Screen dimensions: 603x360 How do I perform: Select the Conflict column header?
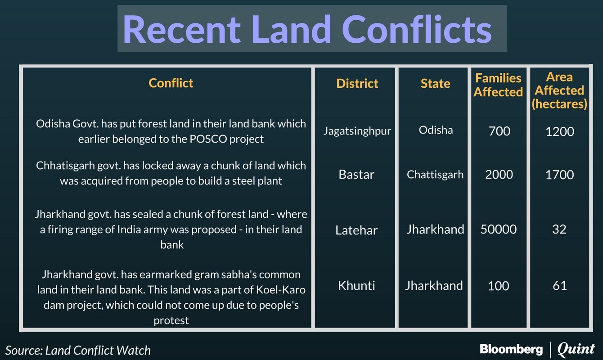point(171,83)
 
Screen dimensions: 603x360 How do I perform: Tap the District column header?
point(357,83)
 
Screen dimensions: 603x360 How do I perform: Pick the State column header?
point(435,83)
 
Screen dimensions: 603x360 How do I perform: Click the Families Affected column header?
point(498,85)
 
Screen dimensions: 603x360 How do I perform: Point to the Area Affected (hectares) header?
point(559,90)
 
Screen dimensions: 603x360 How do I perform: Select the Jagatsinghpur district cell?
point(357,131)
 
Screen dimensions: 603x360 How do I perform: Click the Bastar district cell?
point(356,175)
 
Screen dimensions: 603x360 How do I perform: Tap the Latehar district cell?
point(356,230)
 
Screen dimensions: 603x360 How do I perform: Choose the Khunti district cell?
point(356,285)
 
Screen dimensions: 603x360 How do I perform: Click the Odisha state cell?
point(436,130)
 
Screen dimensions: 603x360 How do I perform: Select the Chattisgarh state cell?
point(435,175)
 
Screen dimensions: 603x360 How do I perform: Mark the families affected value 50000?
point(499,229)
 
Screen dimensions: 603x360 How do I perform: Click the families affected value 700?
point(499,131)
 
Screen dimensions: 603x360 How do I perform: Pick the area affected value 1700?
point(560,175)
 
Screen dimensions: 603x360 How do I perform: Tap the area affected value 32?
point(559,229)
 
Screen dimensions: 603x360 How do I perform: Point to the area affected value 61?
point(560,285)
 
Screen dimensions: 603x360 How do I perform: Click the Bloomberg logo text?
point(511,350)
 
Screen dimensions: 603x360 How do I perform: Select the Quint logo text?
point(576,349)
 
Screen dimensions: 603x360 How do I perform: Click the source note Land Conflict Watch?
point(98,350)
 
